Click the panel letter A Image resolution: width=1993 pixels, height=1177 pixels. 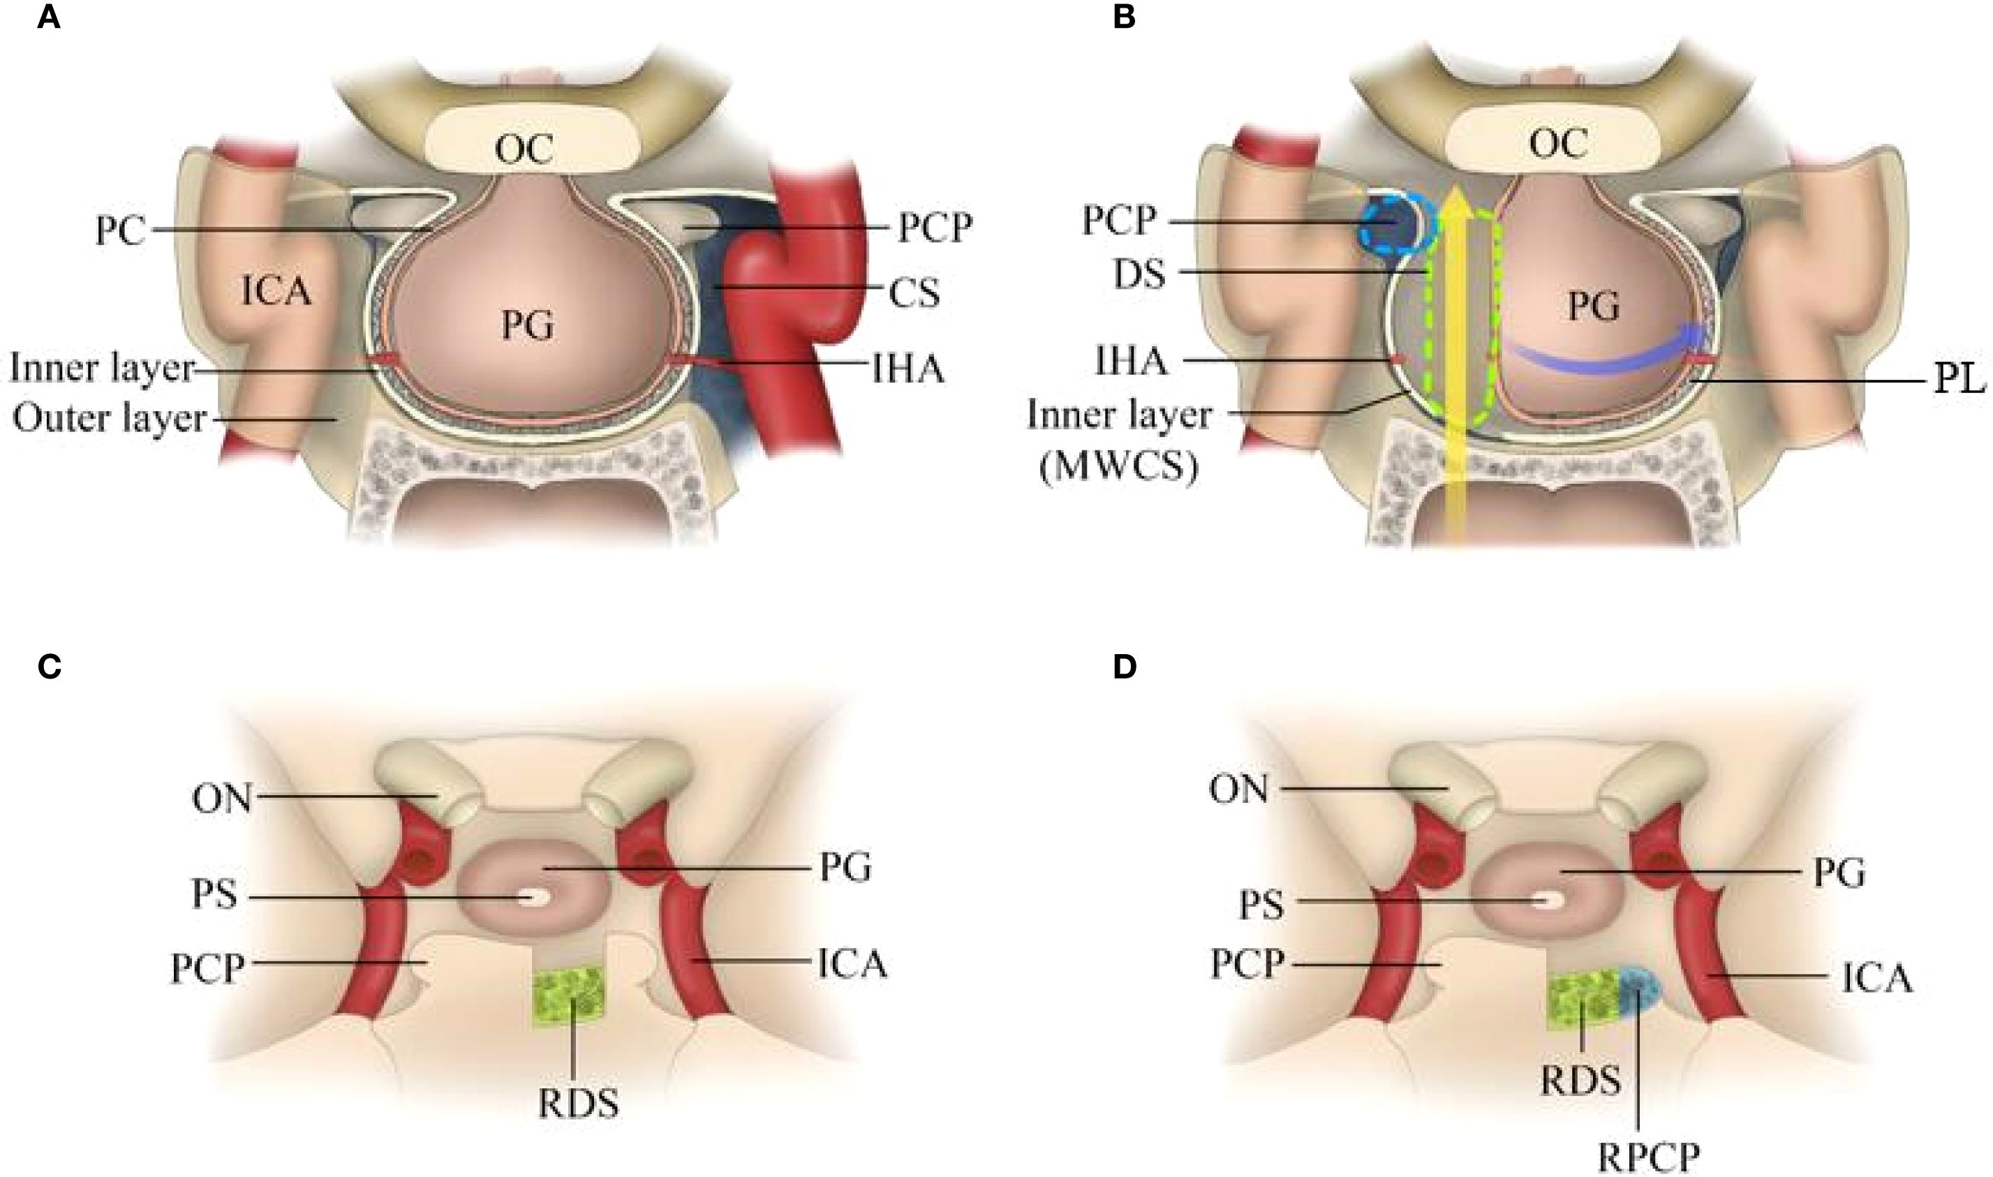(x=49, y=17)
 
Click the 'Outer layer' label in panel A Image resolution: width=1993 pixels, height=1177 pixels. (x=110, y=418)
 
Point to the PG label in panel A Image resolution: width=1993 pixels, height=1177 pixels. (x=528, y=325)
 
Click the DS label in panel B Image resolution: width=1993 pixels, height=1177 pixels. (x=1139, y=274)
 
